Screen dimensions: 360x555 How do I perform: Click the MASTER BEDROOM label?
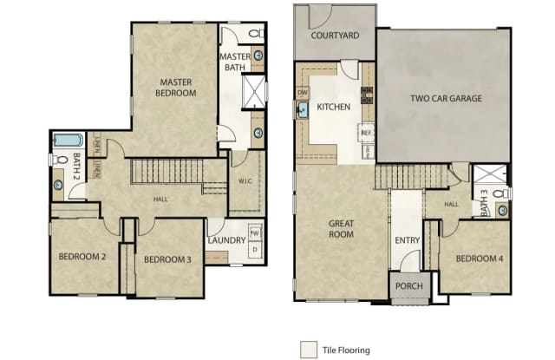174,87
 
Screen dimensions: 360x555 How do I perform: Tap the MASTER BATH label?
234,63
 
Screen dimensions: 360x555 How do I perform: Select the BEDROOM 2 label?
82,257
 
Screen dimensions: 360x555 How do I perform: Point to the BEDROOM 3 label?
167,259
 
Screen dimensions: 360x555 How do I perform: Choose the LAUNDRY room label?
225,241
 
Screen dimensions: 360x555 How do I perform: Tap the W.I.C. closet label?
245,181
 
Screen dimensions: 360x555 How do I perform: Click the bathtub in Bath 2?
68,140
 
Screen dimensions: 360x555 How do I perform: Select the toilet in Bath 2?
59,160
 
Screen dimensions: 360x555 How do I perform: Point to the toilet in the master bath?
256,34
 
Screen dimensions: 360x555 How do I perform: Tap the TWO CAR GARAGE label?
446,99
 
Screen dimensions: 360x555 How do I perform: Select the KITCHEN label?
334,107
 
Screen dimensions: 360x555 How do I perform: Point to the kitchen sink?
303,110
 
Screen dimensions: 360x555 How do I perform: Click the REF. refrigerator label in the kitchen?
367,133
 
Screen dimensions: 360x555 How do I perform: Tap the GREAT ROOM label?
341,228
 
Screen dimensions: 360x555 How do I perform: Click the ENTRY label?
406,240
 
